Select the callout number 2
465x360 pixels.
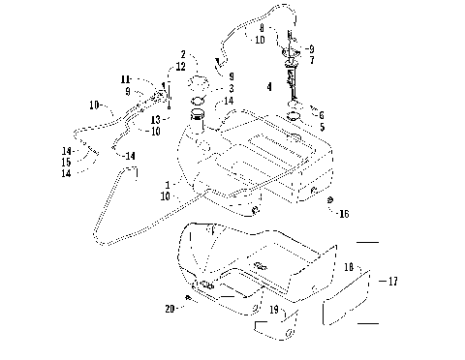tap(181, 54)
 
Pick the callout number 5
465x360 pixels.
tap(322, 126)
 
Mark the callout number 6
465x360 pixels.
tap(322, 113)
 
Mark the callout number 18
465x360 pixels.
tap(347, 265)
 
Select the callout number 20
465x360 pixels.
tap(170, 309)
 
